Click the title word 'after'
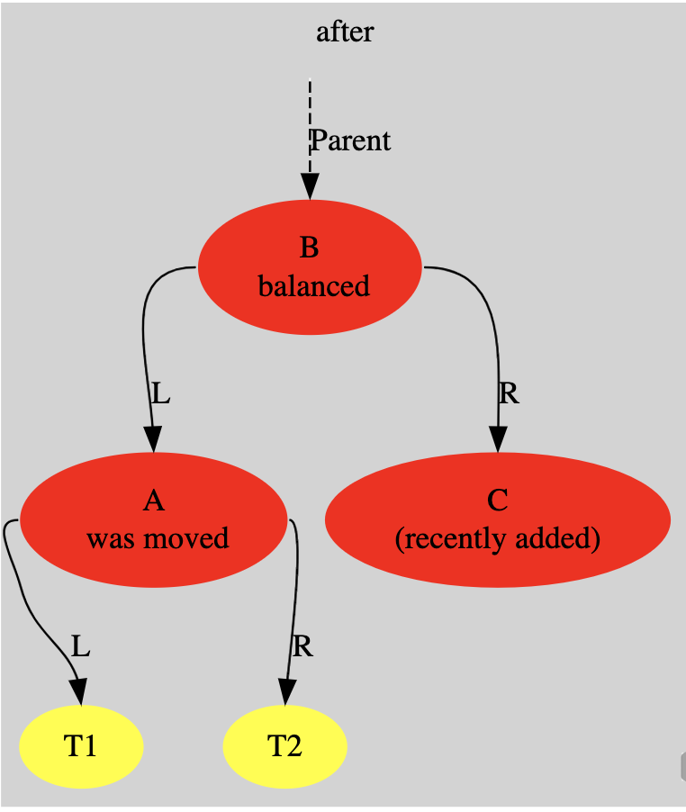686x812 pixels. pos(345,32)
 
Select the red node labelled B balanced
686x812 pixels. pos(310,267)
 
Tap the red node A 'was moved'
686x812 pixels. pos(153,520)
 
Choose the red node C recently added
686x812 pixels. pos(497,520)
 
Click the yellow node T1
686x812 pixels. pos(81,746)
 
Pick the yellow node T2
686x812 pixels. pos(284,746)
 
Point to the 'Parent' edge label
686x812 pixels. pos(351,140)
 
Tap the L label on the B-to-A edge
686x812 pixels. pos(160,393)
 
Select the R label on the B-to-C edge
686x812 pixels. pos(509,393)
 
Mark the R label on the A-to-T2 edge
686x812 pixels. pos(302,646)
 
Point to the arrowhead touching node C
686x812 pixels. pos(498,440)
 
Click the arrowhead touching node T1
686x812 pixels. pos(79,691)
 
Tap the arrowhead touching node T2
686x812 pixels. pos(285,691)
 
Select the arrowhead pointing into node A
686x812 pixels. pos(153,440)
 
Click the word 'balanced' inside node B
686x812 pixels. pos(313,286)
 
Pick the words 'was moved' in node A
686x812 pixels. pos(158,538)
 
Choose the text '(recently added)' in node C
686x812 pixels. pos(497,538)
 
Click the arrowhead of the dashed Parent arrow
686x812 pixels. pos(310,186)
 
